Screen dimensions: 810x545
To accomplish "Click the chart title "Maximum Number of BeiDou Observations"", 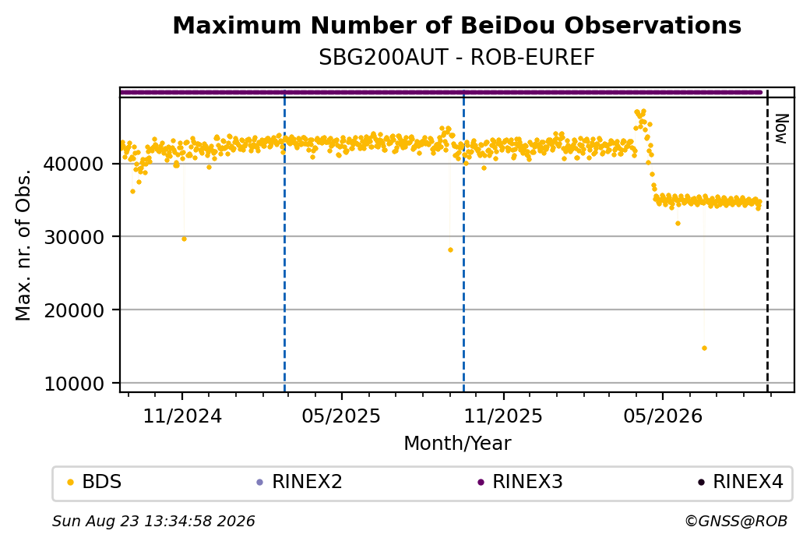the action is coord(456,25).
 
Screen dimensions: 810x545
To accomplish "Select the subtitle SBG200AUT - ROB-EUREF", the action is coord(456,58).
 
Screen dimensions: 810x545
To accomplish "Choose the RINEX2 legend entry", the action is coord(300,482).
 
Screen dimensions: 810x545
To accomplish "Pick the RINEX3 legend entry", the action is coord(520,482).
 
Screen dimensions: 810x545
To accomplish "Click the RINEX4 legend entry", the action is coord(741,482).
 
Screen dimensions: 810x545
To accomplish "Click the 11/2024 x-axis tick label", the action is coord(181,416).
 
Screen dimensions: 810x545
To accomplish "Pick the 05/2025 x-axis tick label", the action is coord(341,416).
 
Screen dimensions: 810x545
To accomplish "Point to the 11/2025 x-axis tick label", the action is coord(503,416).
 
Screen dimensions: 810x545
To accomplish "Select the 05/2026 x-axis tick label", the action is coord(663,416).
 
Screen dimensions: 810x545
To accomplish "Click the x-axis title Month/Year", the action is coord(457,444).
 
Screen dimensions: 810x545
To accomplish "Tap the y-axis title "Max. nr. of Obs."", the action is coord(23,245).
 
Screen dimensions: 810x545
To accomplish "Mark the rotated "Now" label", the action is coord(782,129).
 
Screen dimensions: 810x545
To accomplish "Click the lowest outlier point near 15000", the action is coord(704,348).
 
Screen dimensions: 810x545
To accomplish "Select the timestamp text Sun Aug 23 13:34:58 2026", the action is coord(153,521).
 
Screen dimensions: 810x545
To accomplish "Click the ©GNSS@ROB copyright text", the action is coord(736,521).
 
